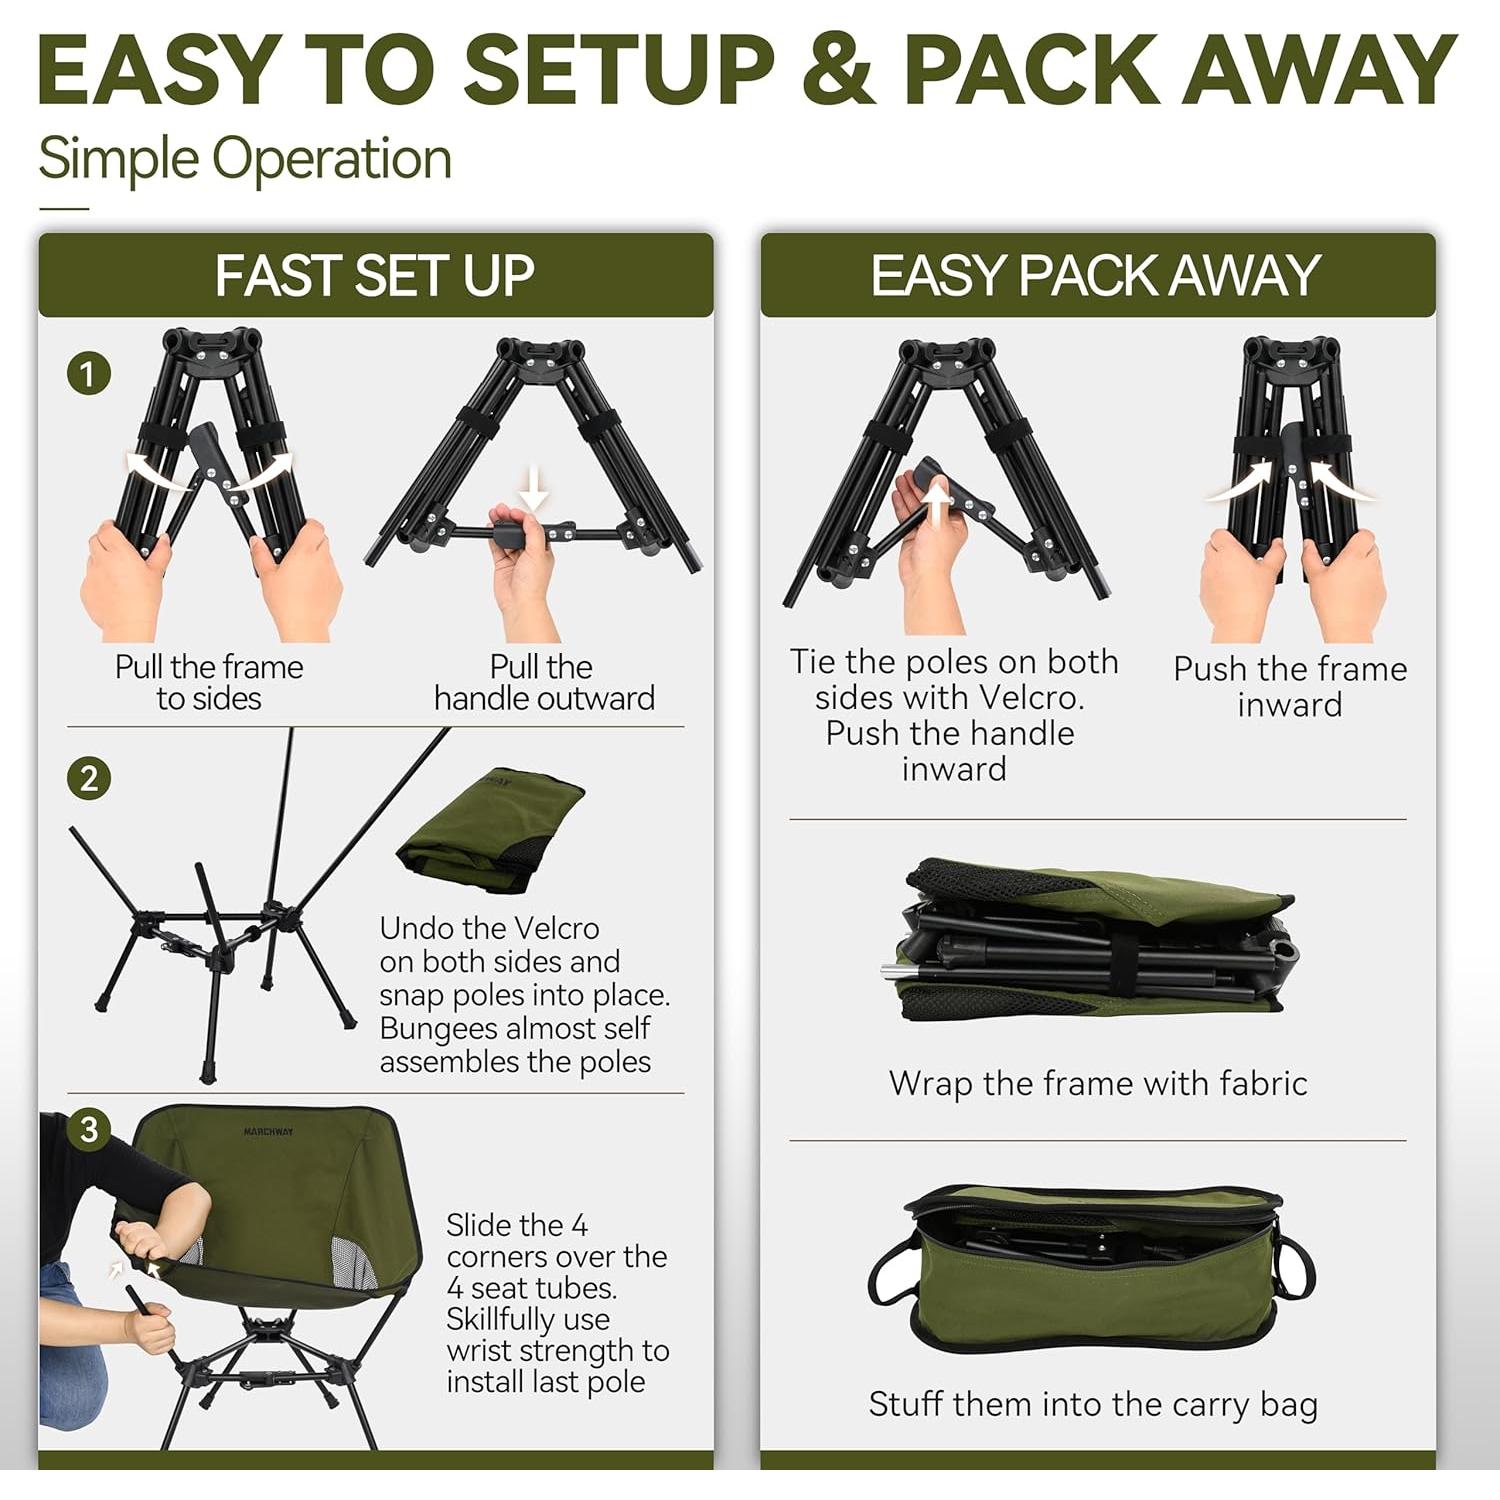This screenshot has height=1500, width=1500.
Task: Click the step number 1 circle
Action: point(88,374)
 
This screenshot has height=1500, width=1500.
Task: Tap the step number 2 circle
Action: point(88,778)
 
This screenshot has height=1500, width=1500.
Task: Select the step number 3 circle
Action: point(88,1129)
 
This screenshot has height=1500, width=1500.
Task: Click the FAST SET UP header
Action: point(375,276)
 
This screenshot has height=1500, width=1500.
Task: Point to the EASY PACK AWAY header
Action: point(1096,276)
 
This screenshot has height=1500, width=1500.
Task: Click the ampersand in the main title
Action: point(839,70)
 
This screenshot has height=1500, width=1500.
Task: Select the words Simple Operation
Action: point(245,159)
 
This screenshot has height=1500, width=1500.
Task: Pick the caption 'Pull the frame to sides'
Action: point(209,682)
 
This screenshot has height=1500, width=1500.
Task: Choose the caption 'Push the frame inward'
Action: point(1290,686)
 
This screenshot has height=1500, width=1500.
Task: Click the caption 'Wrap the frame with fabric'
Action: point(1098,1083)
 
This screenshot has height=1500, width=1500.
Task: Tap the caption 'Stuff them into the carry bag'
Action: point(1093,1404)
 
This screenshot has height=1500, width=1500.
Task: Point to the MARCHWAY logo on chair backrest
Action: point(269,1132)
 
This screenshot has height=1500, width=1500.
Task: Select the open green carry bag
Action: point(1092,1265)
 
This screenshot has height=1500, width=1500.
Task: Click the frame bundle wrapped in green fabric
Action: point(1093,940)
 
